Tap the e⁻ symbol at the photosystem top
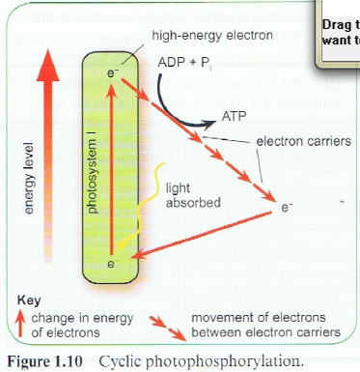pos(115,73)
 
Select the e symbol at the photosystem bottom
pos(113,263)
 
